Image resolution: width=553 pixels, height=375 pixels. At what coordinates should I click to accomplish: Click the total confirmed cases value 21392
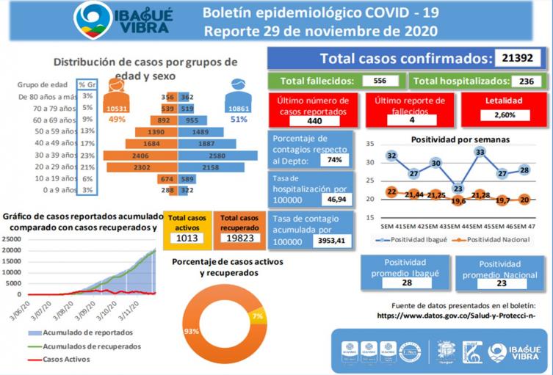(x=518, y=59)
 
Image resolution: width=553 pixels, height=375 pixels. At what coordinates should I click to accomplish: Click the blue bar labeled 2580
(x=218, y=156)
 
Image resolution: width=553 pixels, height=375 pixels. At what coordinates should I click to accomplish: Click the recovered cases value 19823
(x=239, y=238)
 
